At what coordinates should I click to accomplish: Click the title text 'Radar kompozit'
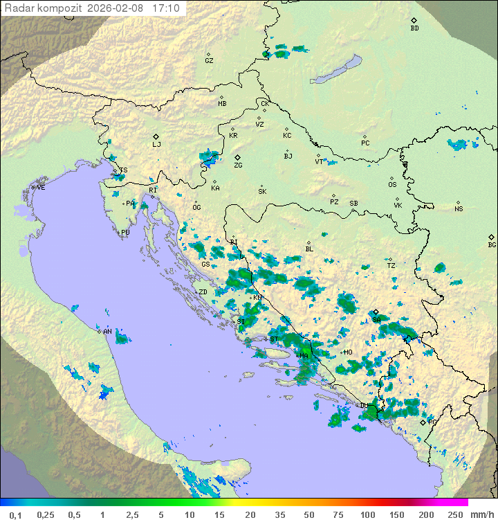pos(44,8)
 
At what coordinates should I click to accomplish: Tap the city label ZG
pos(238,165)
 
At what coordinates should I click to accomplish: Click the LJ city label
pos(156,145)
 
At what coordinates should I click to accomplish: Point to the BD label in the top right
pos(414,28)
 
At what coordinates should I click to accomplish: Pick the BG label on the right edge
pos(492,245)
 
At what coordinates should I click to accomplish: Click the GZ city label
pos(209,61)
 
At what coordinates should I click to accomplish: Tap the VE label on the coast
pos(41,188)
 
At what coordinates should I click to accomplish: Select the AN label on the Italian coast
pos(107,332)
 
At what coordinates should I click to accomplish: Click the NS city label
pos(459,209)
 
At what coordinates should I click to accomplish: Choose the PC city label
pos(365,143)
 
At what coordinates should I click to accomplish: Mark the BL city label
pos(309,249)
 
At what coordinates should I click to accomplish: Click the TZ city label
pos(391,265)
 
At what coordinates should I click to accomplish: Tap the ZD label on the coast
pos(203,292)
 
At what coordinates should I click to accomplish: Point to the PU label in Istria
pos(125,233)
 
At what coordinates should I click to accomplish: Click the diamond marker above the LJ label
pos(156,136)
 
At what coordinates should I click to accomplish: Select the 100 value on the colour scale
pos(367,514)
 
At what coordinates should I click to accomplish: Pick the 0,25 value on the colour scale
pos(46,514)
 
